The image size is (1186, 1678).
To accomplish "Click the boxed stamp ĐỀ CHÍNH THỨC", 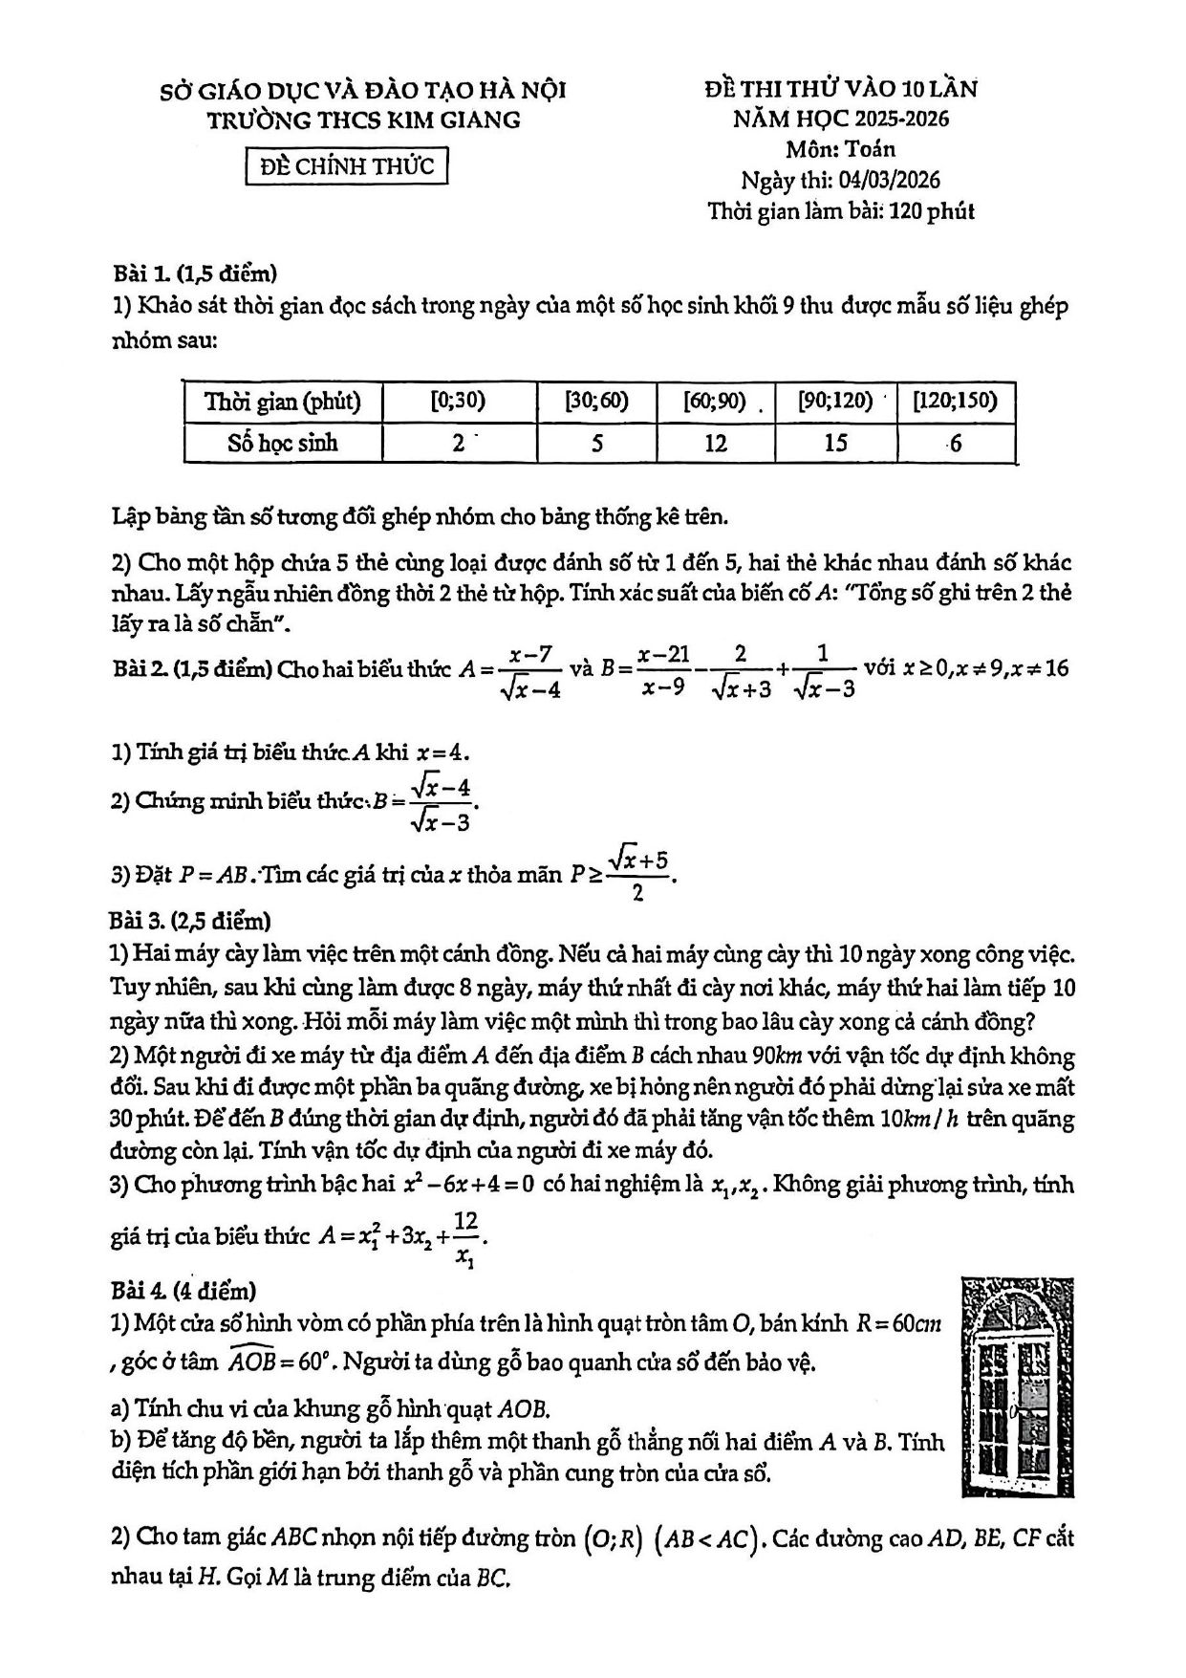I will tap(346, 165).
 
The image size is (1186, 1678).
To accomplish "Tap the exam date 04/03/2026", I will tap(887, 180).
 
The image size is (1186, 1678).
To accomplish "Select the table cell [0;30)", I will tap(459, 402).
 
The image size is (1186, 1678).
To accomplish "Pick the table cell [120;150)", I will tap(955, 402).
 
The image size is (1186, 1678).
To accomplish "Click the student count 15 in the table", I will tap(835, 444).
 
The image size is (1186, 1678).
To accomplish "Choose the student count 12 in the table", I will tap(715, 444).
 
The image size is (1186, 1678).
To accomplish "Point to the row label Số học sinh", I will tap(283, 444).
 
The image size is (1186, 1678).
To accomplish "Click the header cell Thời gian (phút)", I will tap(283, 402).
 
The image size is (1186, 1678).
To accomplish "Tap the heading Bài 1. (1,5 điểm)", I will tap(195, 273).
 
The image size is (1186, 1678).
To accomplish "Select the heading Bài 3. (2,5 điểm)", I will tap(191, 921).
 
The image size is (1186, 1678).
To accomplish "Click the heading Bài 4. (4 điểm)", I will tap(183, 1291).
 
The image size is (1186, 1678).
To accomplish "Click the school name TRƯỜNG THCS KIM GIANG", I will tap(365, 120).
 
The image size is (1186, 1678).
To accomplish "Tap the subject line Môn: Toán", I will tap(841, 149).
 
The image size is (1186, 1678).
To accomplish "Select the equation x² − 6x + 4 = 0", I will tap(468, 1184).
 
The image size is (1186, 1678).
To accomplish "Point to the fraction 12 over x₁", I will tap(465, 1239).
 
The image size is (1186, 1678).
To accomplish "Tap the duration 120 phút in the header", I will tap(931, 211).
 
